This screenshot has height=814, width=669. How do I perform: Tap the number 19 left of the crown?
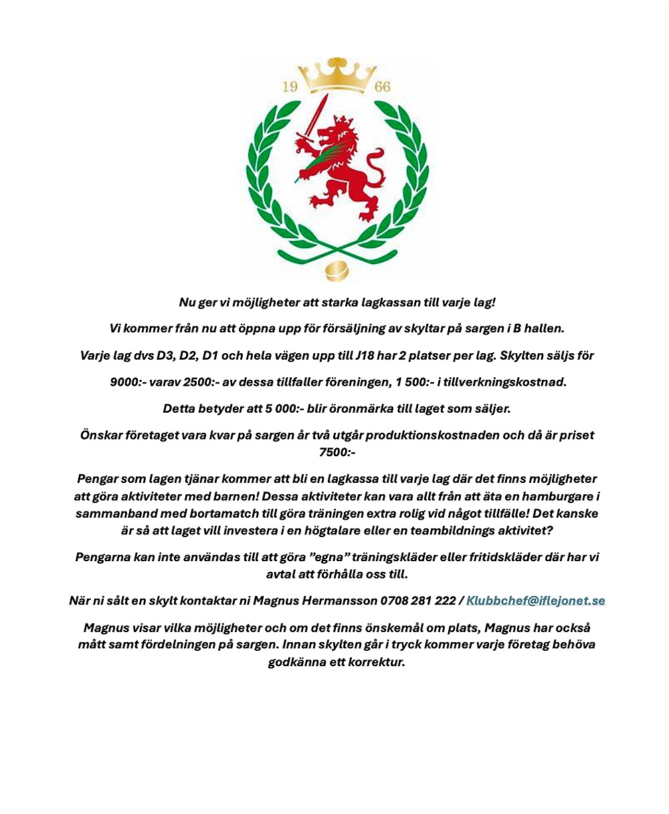[x=289, y=87]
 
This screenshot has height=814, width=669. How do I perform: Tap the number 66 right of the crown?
[x=383, y=87]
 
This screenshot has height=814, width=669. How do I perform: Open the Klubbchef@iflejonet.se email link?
[x=535, y=600]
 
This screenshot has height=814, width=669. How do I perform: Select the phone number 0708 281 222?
[x=417, y=600]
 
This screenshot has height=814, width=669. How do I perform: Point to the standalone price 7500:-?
[x=337, y=452]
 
